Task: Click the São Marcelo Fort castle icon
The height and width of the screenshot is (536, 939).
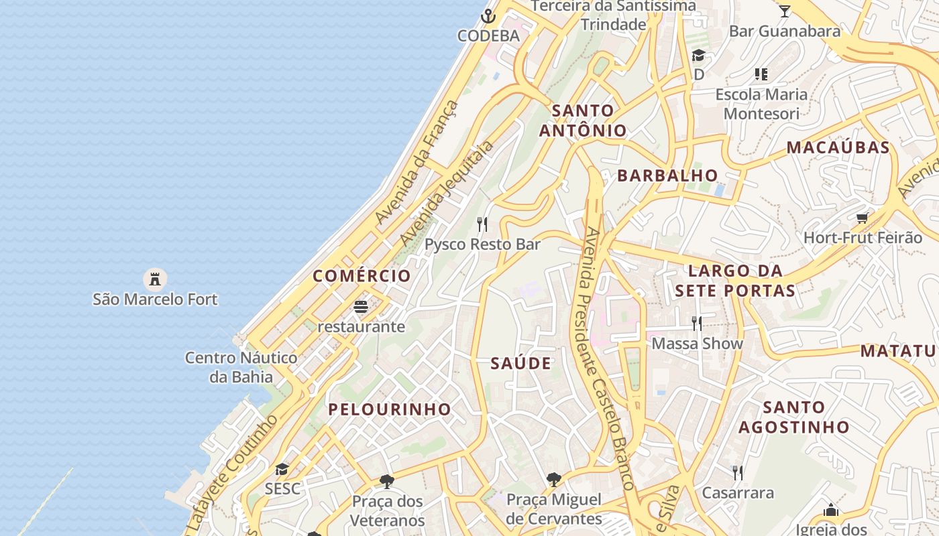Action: pos(155,278)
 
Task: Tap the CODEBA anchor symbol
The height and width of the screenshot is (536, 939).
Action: pos(489,15)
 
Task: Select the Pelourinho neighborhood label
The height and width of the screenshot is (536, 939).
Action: pos(390,409)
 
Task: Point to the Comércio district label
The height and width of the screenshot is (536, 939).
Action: pos(362,276)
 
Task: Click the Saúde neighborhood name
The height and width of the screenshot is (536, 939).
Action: pos(521,364)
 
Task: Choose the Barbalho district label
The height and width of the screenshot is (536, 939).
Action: pos(667,176)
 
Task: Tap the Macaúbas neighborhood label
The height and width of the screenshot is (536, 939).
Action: pos(838,147)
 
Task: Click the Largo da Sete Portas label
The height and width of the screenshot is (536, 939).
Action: pos(735,281)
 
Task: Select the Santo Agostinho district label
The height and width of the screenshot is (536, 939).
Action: pos(794,417)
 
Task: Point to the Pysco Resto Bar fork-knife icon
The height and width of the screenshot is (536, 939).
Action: pos(482,224)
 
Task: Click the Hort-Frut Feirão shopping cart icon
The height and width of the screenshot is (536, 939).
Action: pos(863,218)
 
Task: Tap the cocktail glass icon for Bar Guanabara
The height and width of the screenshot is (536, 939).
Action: pos(784,11)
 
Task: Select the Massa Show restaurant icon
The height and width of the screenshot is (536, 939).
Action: pos(697,324)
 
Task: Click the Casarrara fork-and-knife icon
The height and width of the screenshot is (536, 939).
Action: pos(738,473)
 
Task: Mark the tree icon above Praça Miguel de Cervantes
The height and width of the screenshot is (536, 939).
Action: pos(553,480)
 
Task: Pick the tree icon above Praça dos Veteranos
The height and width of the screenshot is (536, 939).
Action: pos(386,481)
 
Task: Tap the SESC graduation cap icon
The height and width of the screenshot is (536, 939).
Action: pos(282,469)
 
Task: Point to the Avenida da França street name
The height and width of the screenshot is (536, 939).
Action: pos(417,163)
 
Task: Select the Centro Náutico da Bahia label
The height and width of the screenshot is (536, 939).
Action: pos(241,367)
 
